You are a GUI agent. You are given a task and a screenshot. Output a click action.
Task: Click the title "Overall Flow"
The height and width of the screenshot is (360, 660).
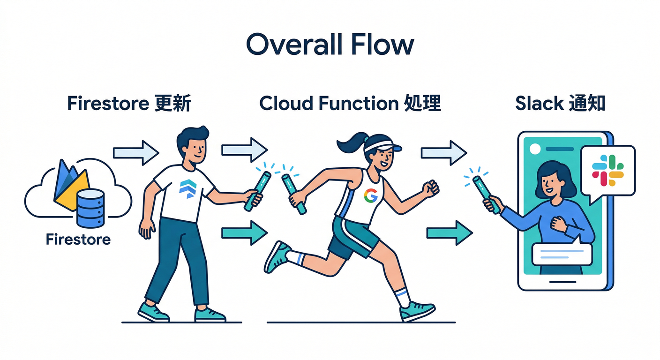[330, 45]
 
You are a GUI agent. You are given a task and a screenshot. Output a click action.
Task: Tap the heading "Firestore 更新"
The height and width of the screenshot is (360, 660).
[129, 103]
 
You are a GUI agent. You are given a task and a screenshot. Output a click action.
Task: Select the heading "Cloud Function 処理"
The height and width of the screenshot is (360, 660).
[350, 103]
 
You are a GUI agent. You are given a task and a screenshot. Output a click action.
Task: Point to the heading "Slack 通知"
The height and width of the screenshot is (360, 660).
[560, 103]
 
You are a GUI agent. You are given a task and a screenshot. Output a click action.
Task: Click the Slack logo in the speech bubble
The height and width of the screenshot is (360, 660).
[607, 172]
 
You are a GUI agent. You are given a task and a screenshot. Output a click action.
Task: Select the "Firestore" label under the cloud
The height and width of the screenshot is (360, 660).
[78, 240]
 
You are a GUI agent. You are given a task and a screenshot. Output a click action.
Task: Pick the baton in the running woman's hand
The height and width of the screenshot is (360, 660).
[294, 193]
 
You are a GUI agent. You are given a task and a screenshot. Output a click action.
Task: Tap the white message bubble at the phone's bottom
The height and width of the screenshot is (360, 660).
[562, 255]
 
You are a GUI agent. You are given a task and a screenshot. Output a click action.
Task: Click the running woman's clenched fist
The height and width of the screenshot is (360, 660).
[430, 188]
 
